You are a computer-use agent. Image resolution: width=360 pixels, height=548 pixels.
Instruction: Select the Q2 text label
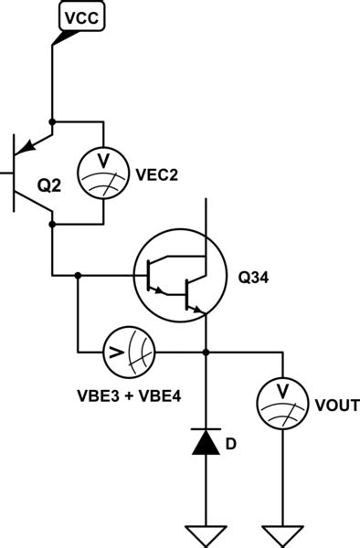pyautogui.click(x=49, y=185)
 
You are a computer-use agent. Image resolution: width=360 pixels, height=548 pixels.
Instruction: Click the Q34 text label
pyautogui.click(x=254, y=276)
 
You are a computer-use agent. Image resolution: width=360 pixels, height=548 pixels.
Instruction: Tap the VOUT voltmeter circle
pyautogui.click(x=281, y=402)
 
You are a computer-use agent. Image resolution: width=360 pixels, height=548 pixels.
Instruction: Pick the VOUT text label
pyautogui.click(x=335, y=405)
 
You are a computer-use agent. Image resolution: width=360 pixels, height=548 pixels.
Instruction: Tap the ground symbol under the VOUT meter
pyautogui.click(x=281, y=532)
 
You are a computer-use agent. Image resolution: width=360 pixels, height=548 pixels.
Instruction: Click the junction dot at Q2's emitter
pyautogui.click(x=52, y=121)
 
